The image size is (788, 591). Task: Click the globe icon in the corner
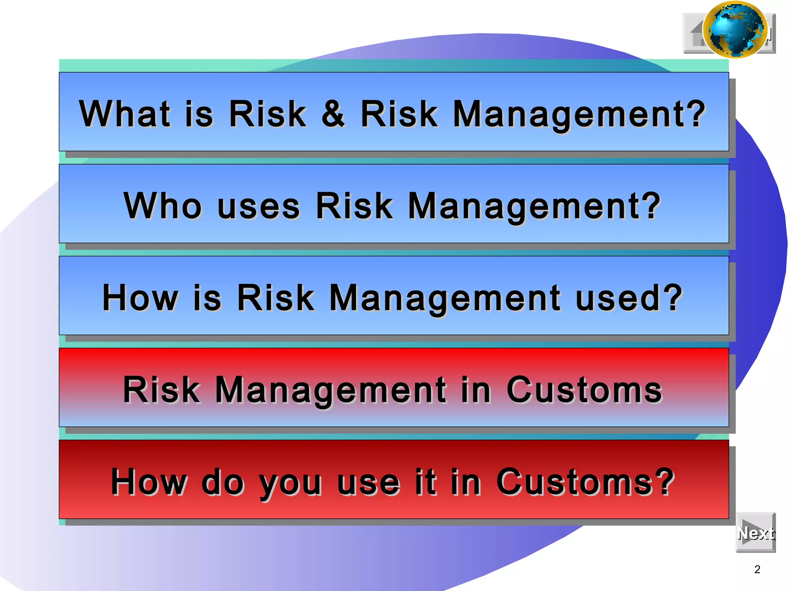click(735, 30)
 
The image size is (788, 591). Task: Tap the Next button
click(756, 533)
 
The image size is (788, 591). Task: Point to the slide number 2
click(757, 569)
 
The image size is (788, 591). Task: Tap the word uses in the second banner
click(258, 206)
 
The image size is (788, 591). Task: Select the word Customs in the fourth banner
click(584, 390)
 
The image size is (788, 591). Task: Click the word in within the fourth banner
click(476, 390)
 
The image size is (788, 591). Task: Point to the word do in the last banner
click(222, 482)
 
